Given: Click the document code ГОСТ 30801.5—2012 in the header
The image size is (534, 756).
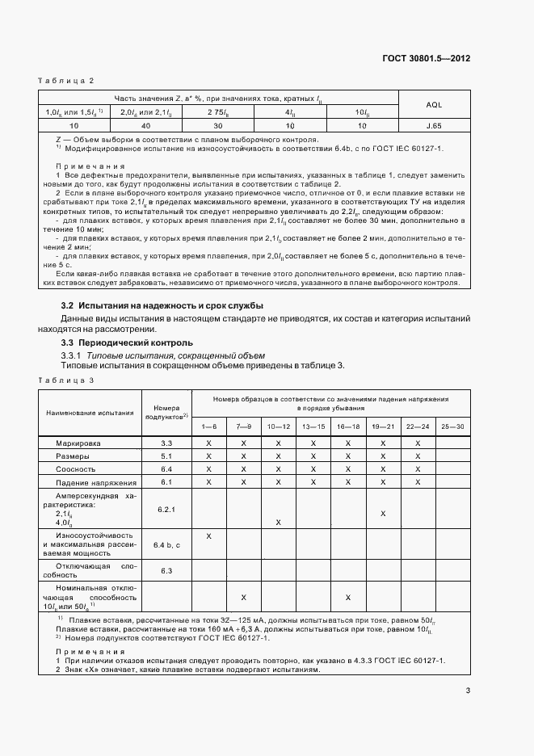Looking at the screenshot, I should click(427, 58).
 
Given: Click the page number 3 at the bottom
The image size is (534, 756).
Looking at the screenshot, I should click(468, 690).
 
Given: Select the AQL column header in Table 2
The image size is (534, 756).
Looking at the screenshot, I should click(433, 104).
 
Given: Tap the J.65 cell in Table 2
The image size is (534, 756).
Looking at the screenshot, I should click(433, 127).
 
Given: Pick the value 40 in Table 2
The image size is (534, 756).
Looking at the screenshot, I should click(145, 127).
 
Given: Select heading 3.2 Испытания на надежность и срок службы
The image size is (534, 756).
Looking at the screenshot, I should click(162, 305).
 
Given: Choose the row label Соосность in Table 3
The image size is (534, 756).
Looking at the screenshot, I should click(76, 468).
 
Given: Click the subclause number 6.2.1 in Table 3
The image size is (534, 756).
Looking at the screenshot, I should click(166, 510).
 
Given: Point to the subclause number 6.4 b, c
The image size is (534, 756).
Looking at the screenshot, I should click(166, 547).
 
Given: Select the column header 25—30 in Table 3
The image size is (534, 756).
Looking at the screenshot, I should click(452, 426).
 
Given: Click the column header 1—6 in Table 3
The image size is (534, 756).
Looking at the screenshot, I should click(208, 426).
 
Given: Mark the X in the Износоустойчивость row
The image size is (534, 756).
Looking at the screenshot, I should click(208, 536).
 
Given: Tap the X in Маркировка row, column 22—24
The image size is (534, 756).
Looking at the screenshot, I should click(418, 443).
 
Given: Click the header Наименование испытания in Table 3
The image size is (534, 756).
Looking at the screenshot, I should click(90, 412).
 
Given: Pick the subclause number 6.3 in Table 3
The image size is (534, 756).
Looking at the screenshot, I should click(166, 571).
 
